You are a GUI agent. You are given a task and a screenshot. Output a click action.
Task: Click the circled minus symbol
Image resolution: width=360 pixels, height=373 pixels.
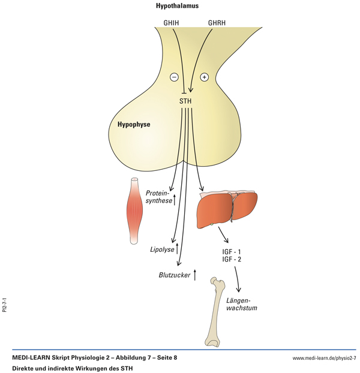point(174,77)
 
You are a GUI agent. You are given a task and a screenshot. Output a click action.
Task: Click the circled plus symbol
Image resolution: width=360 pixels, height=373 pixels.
point(204,77)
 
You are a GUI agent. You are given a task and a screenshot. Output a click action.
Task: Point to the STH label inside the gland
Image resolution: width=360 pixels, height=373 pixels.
point(186,101)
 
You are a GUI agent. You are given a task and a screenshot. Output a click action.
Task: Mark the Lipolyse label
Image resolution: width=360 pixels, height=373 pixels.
point(161,248)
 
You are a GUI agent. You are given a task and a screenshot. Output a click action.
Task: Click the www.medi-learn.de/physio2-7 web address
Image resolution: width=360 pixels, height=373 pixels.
point(324,358)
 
